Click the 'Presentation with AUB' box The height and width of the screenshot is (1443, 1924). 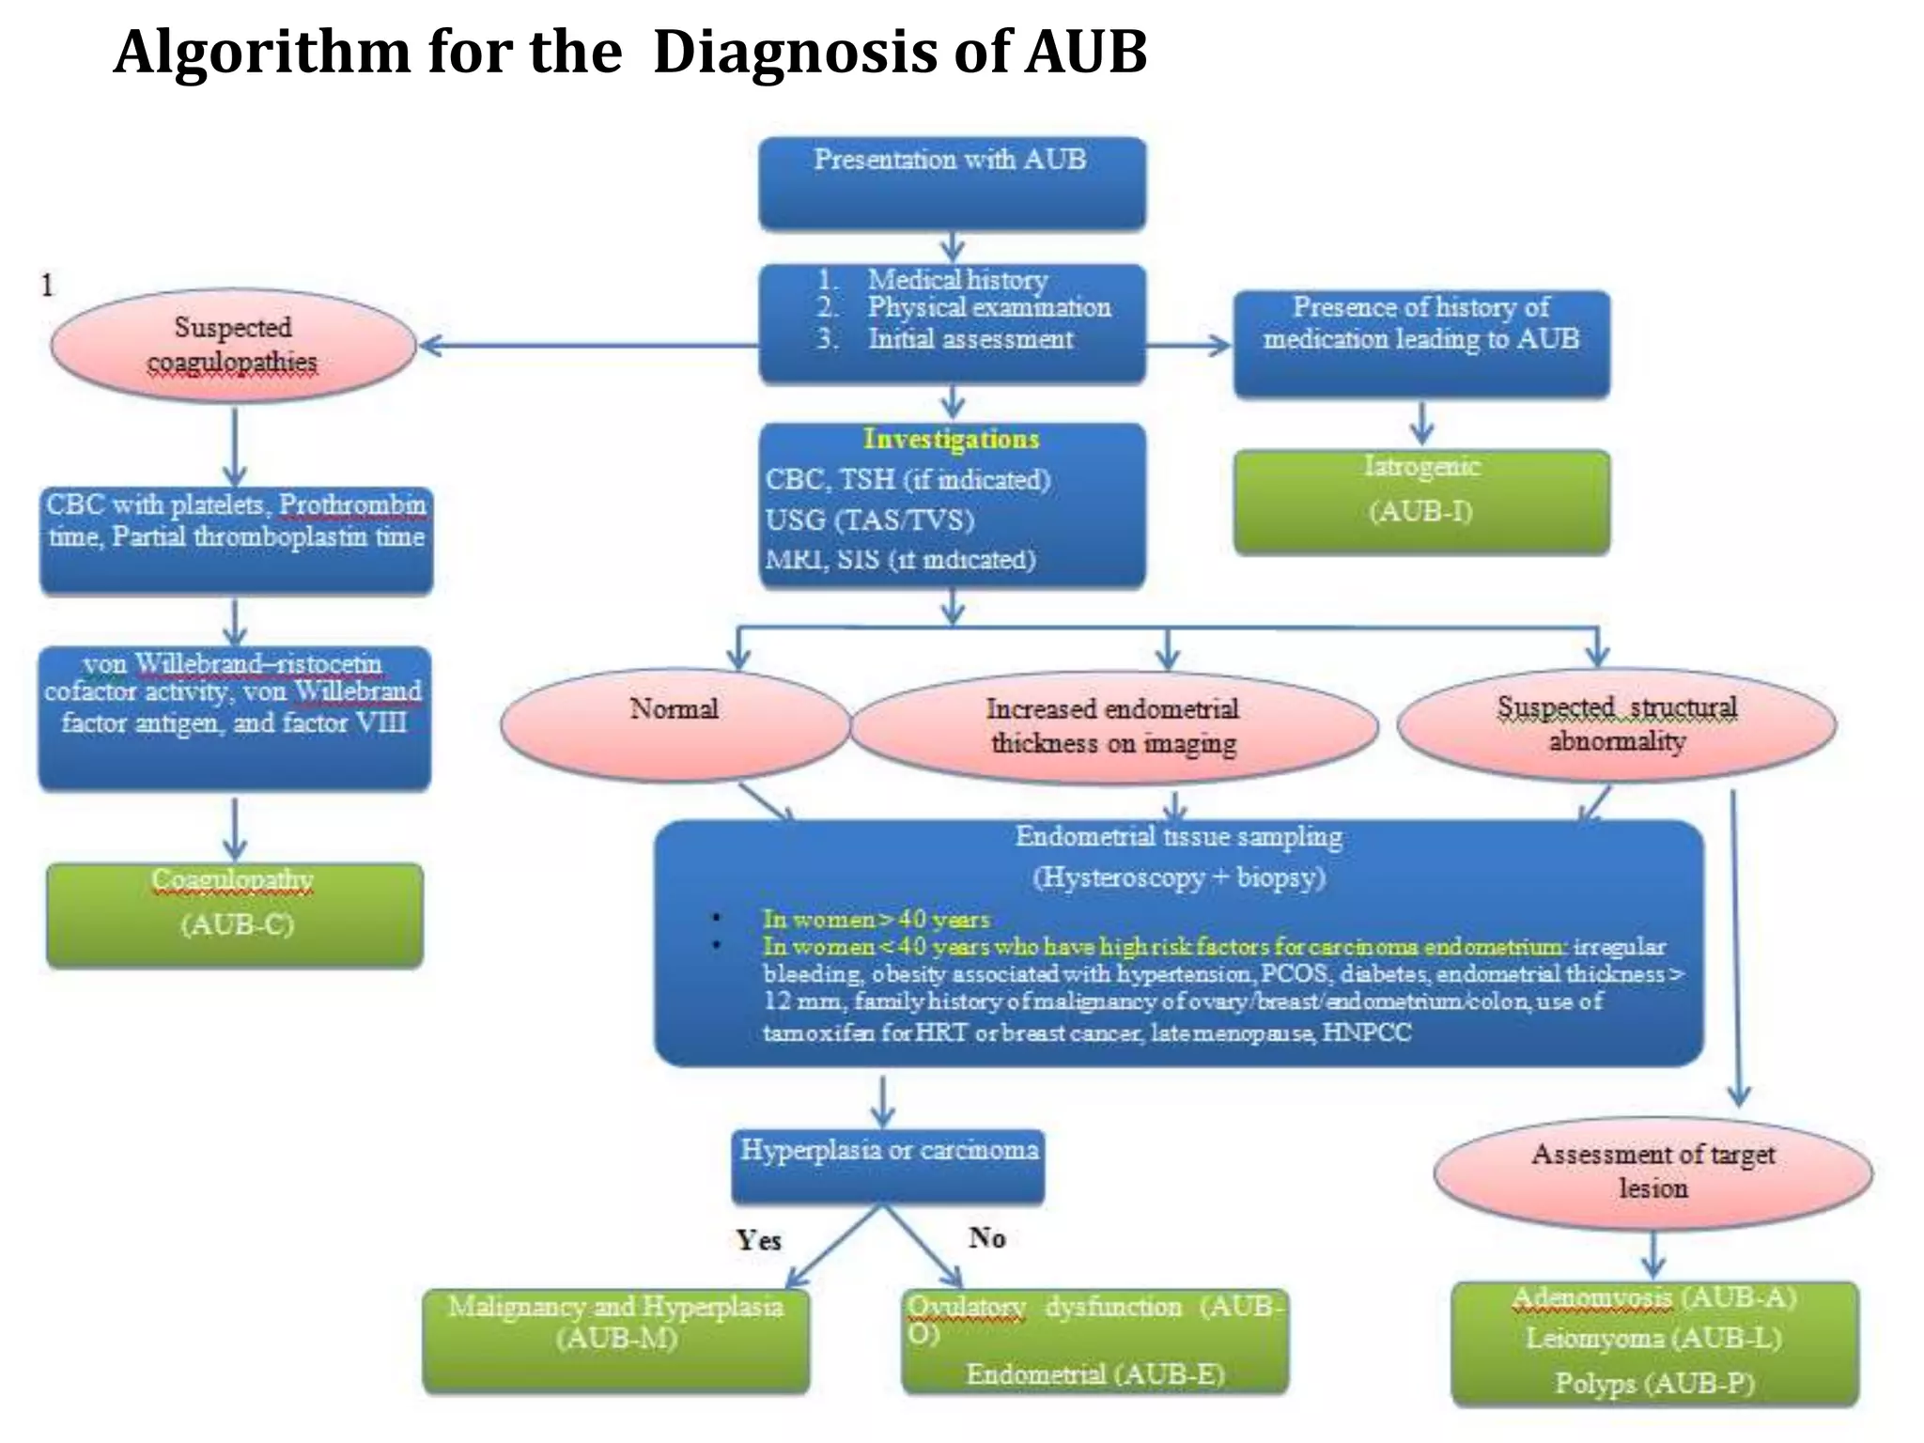click(952, 183)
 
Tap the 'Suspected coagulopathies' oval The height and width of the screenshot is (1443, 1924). click(233, 345)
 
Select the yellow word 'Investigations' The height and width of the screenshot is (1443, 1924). click(951, 439)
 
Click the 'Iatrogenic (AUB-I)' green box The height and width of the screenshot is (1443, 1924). click(1420, 501)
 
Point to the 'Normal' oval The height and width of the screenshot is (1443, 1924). click(675, 724)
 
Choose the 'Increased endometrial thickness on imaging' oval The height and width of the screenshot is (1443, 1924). click(1113, 726)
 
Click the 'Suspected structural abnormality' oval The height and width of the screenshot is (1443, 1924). click(1616, 724)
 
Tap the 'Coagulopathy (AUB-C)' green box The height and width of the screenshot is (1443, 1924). click(235, 914)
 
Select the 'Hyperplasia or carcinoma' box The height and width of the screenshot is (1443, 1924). click(888, 1166)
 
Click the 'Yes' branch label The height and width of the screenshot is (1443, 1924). click(758, 1240)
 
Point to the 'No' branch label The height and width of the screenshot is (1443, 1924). click(986, 1237)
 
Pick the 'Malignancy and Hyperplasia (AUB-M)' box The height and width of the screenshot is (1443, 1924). click(615, 1339)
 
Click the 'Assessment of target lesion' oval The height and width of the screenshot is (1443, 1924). click(1652, 1171)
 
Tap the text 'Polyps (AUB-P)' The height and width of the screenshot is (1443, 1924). click(1653, 1383)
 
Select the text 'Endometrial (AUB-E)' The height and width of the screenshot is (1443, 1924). click(1094, 1374)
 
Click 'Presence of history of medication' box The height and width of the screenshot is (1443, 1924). click(1420, 343)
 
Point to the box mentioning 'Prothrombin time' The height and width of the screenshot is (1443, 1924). click(236, 539)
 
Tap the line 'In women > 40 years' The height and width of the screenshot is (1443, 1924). click(876, 919)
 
